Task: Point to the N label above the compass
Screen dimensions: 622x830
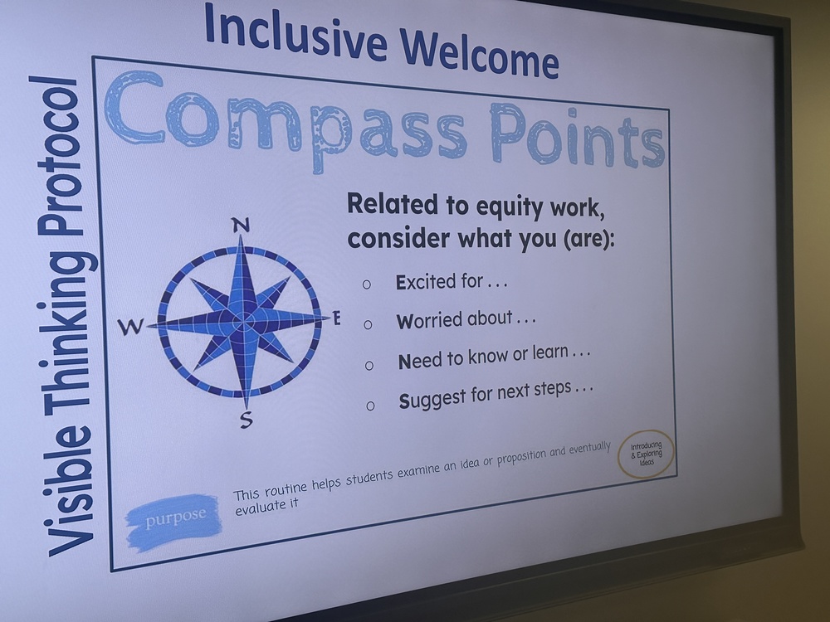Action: (240, 224)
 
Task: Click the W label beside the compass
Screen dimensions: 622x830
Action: (129, 328)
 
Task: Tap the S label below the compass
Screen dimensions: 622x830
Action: (246, 420)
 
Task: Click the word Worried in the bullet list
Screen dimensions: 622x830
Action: (427, 320)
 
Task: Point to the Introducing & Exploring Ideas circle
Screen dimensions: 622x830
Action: (647, 454)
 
